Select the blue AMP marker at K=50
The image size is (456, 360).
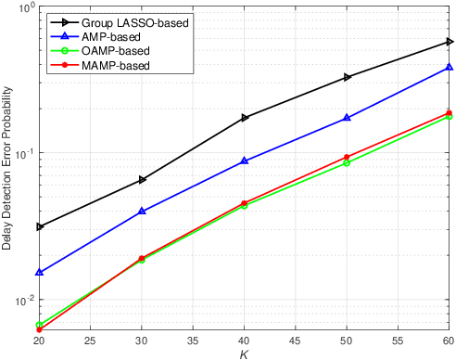click(x=348, y=118)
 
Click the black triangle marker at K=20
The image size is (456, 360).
click(x=39, y=226)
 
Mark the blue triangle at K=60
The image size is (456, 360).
click(x=450, y=67)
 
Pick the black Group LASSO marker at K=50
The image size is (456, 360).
click(x=348, y=77)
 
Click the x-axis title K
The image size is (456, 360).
click(x=245, y=353)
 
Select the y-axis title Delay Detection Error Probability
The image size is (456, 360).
click(x=7, y=169)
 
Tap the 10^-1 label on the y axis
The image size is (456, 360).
click(x=23, y=153)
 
